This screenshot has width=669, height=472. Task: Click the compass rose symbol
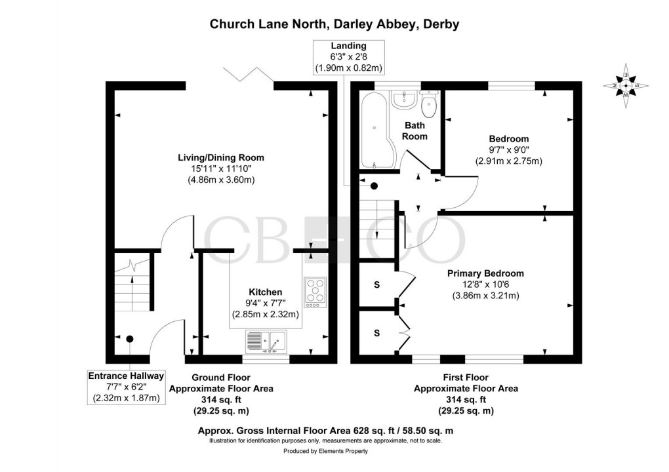(x=626, y=86)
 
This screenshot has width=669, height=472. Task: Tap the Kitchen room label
(x=265, y=292)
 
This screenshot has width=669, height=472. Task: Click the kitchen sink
(x=266, y=342)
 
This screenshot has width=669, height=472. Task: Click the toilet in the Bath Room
(x=430, y=102)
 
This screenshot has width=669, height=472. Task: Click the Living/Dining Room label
(x=221, y=157)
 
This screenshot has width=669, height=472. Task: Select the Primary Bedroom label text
(x=485, y=273)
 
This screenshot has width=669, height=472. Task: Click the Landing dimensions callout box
(x=348, y=57)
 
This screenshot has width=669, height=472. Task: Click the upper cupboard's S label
(x=376, y=285)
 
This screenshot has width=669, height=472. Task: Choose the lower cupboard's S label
(x=376, y=333)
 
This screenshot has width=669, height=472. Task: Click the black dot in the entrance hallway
(x=130, y=339)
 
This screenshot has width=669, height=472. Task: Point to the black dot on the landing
(x=374, y=186)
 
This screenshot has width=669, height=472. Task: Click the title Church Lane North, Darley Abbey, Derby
(x=334, y=24)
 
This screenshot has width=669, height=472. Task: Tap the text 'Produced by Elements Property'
(x=325, y=451)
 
